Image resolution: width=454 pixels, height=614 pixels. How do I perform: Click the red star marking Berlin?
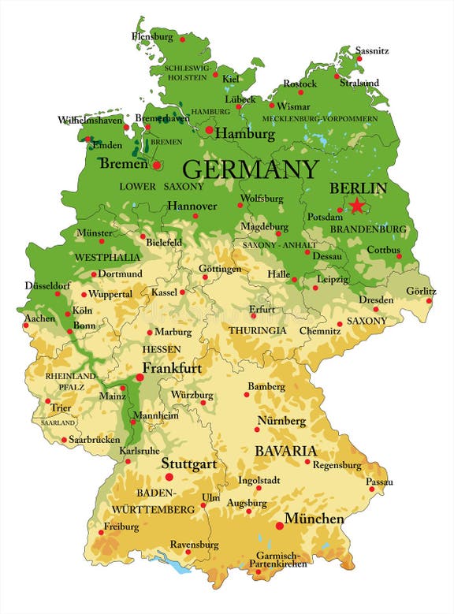(358, 206)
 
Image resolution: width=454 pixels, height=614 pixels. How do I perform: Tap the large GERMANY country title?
(251, 169)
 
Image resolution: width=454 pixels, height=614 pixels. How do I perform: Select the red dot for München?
(279, 526)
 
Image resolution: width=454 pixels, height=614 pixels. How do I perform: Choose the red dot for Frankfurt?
(140, 378)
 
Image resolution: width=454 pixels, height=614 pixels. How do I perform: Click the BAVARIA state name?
(285, 452)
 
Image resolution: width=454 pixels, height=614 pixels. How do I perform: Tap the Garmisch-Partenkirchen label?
(273, 560)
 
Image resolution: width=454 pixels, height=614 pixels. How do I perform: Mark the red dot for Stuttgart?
(169, 477)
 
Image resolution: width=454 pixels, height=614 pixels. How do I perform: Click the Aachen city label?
(39, 318)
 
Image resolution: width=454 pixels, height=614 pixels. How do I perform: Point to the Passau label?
(379, 480)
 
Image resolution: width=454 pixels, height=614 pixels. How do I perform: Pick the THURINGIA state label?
(258, 330)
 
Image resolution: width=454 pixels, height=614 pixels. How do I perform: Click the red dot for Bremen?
(157, 166)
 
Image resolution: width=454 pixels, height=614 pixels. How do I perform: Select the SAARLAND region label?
(53, 422)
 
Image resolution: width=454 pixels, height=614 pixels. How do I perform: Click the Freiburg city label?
(121, 526)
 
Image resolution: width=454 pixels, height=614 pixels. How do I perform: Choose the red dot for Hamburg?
(209, 130)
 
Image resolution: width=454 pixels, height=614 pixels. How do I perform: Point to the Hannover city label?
(192, 205)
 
